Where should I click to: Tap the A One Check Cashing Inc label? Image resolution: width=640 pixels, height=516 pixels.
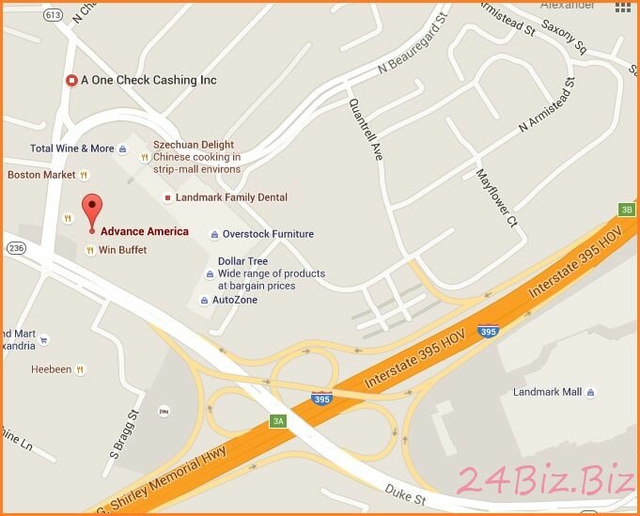pyautogui.click(x=148, y=81)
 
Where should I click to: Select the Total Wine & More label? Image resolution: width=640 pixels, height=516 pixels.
pyautogui.click(x=72, y=149)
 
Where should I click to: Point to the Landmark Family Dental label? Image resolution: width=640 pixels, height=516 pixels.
pyautogui.click(x=231, y=197)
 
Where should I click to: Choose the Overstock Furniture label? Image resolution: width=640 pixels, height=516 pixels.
pyautogui.click(x=268, y=234)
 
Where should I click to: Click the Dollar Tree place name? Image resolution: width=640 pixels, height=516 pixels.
pyautogui.click(x=242, y=261)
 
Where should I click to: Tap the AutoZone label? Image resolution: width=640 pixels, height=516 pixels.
pyautogui.click(x=234, y=300)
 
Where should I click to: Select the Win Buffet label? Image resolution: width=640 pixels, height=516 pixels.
pyautogui.click(x=122, y=250)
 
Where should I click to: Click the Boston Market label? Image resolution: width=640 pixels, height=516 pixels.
pyautogui.click(x=41, y=175)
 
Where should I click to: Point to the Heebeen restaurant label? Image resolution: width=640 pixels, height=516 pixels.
pyautogui.click(x=51, y=369)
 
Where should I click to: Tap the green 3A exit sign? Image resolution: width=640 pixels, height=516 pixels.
pyautogui.click(x=278, y=421)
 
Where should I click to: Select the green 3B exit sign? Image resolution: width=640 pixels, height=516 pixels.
pyautogui.click(x=626, y=209)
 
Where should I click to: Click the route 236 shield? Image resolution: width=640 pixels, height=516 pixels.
pyautogui.click(x=15, y=247)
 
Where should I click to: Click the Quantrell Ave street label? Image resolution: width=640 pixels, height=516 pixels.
pyautogui.click(x=366, y=130)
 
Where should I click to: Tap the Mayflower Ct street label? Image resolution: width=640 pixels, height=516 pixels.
pyautogui.click(x=496, y=198)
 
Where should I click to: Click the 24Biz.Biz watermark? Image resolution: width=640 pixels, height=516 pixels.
pyautogui.click(x=545, y=480)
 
